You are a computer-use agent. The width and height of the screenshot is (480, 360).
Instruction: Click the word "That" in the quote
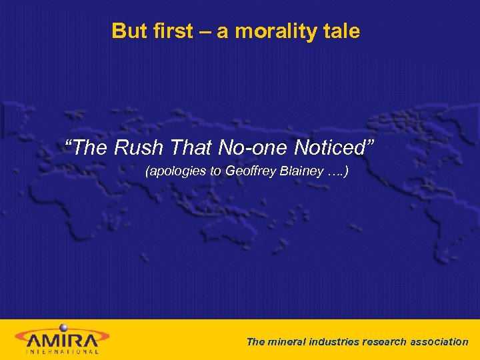tap(191, 147)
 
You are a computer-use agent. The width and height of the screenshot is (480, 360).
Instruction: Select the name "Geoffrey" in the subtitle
tap(248, 171)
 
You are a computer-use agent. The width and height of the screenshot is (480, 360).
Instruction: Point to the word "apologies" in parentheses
tap(176, 171)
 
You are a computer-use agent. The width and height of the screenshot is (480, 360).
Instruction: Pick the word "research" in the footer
tap(385, 342)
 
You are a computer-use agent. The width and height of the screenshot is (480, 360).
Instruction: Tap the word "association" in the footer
tap(438, 342)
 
